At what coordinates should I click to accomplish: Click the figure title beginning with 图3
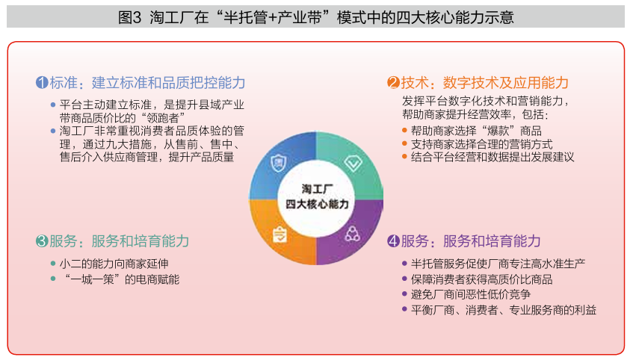(316, 17)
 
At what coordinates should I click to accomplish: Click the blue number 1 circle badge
(42, 83)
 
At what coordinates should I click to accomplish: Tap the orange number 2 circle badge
(393, 83)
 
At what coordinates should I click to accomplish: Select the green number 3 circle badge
(42, 241)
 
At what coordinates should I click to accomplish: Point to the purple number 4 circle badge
(393, 241)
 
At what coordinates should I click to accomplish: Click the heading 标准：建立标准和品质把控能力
(148, 83)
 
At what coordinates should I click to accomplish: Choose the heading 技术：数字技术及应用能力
(485, 83)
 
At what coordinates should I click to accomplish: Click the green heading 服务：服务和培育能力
(120, 241)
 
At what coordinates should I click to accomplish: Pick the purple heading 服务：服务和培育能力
(471, 241)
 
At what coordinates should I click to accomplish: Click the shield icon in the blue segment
(279, 164)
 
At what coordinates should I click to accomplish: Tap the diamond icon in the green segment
(353, 164)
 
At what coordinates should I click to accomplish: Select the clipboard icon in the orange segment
(280, 235)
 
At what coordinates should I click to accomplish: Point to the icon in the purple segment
(352, 234)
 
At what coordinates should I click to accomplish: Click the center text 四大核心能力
(317, 204)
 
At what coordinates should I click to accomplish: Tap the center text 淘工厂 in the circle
(317, 189)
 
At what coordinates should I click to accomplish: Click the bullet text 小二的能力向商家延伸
(114, 264)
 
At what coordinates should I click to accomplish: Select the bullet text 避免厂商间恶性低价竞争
(471, 295)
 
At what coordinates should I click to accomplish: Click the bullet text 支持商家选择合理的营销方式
(482, 144)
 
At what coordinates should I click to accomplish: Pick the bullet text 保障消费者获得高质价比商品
(482, 279)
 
